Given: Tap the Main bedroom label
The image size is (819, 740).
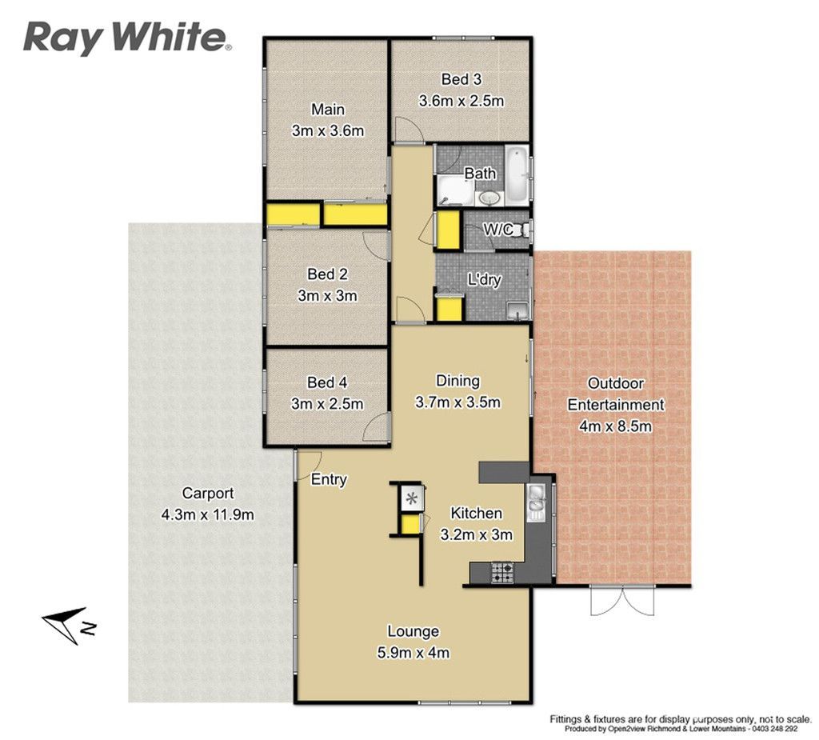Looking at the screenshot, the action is pyautogui.click(x=328, y=110).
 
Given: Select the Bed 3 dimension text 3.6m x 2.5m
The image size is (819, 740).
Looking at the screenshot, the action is pyautogui.click(x=461, y=100).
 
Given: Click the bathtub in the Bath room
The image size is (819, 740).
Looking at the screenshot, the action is pyautogui.click(x=517, y=175).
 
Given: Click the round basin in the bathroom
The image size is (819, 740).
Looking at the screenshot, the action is pyautogui.click(x=489, y=198).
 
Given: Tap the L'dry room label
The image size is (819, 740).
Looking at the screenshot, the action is pyautogui.click(x=484, y=279).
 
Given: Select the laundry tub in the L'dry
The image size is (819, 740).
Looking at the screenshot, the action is pyautogui.click(x=518, y=310).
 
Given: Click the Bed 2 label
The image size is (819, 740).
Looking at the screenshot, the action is pyautogui.click(x=327, y=274).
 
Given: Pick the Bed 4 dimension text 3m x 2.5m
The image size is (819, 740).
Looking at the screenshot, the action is pyautogui.click(x=327, y=404).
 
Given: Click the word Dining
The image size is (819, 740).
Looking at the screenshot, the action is pyautogui.click(x=457, y=381).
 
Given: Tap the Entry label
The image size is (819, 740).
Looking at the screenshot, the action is pyautogui.click(x=329, y=479).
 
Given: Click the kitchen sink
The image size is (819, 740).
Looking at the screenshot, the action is pyautogui.click(x=537, y=502).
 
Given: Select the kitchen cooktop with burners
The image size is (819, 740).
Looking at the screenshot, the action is pyautogui.click(x=502, y=572).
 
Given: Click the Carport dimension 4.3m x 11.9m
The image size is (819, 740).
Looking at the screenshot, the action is pyautogui.click(x=208, y=514).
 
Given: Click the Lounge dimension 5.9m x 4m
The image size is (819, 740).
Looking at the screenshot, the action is pyautogui.click(x=413, y=653).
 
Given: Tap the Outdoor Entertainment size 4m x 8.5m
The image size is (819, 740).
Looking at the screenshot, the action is pyautogui.click(x=615, y=426).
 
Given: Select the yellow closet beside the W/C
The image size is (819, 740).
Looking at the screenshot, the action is pyautogui.click(x=448, y=230).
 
